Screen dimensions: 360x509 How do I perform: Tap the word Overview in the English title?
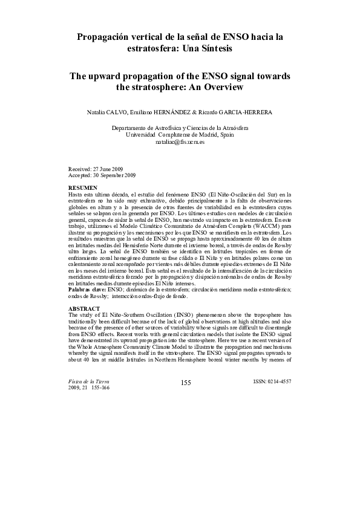coord(221,88)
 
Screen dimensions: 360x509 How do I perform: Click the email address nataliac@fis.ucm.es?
coord(180,142)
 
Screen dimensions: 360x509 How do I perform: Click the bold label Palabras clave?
coord(88,290)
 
